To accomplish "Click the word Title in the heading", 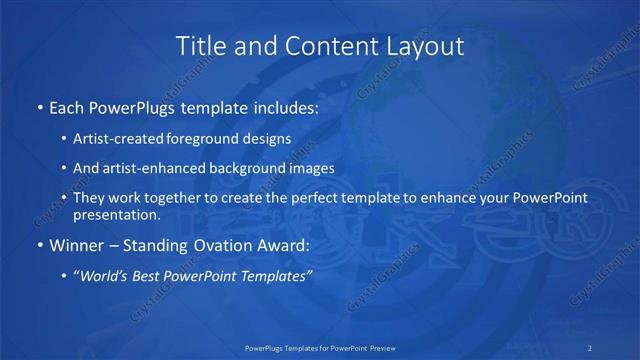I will click(x=200, y=46).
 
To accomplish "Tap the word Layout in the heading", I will click(x=425, y=46).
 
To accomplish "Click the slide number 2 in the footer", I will click(x=589, y=347).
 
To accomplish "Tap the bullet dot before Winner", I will click(x=39, y=245).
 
